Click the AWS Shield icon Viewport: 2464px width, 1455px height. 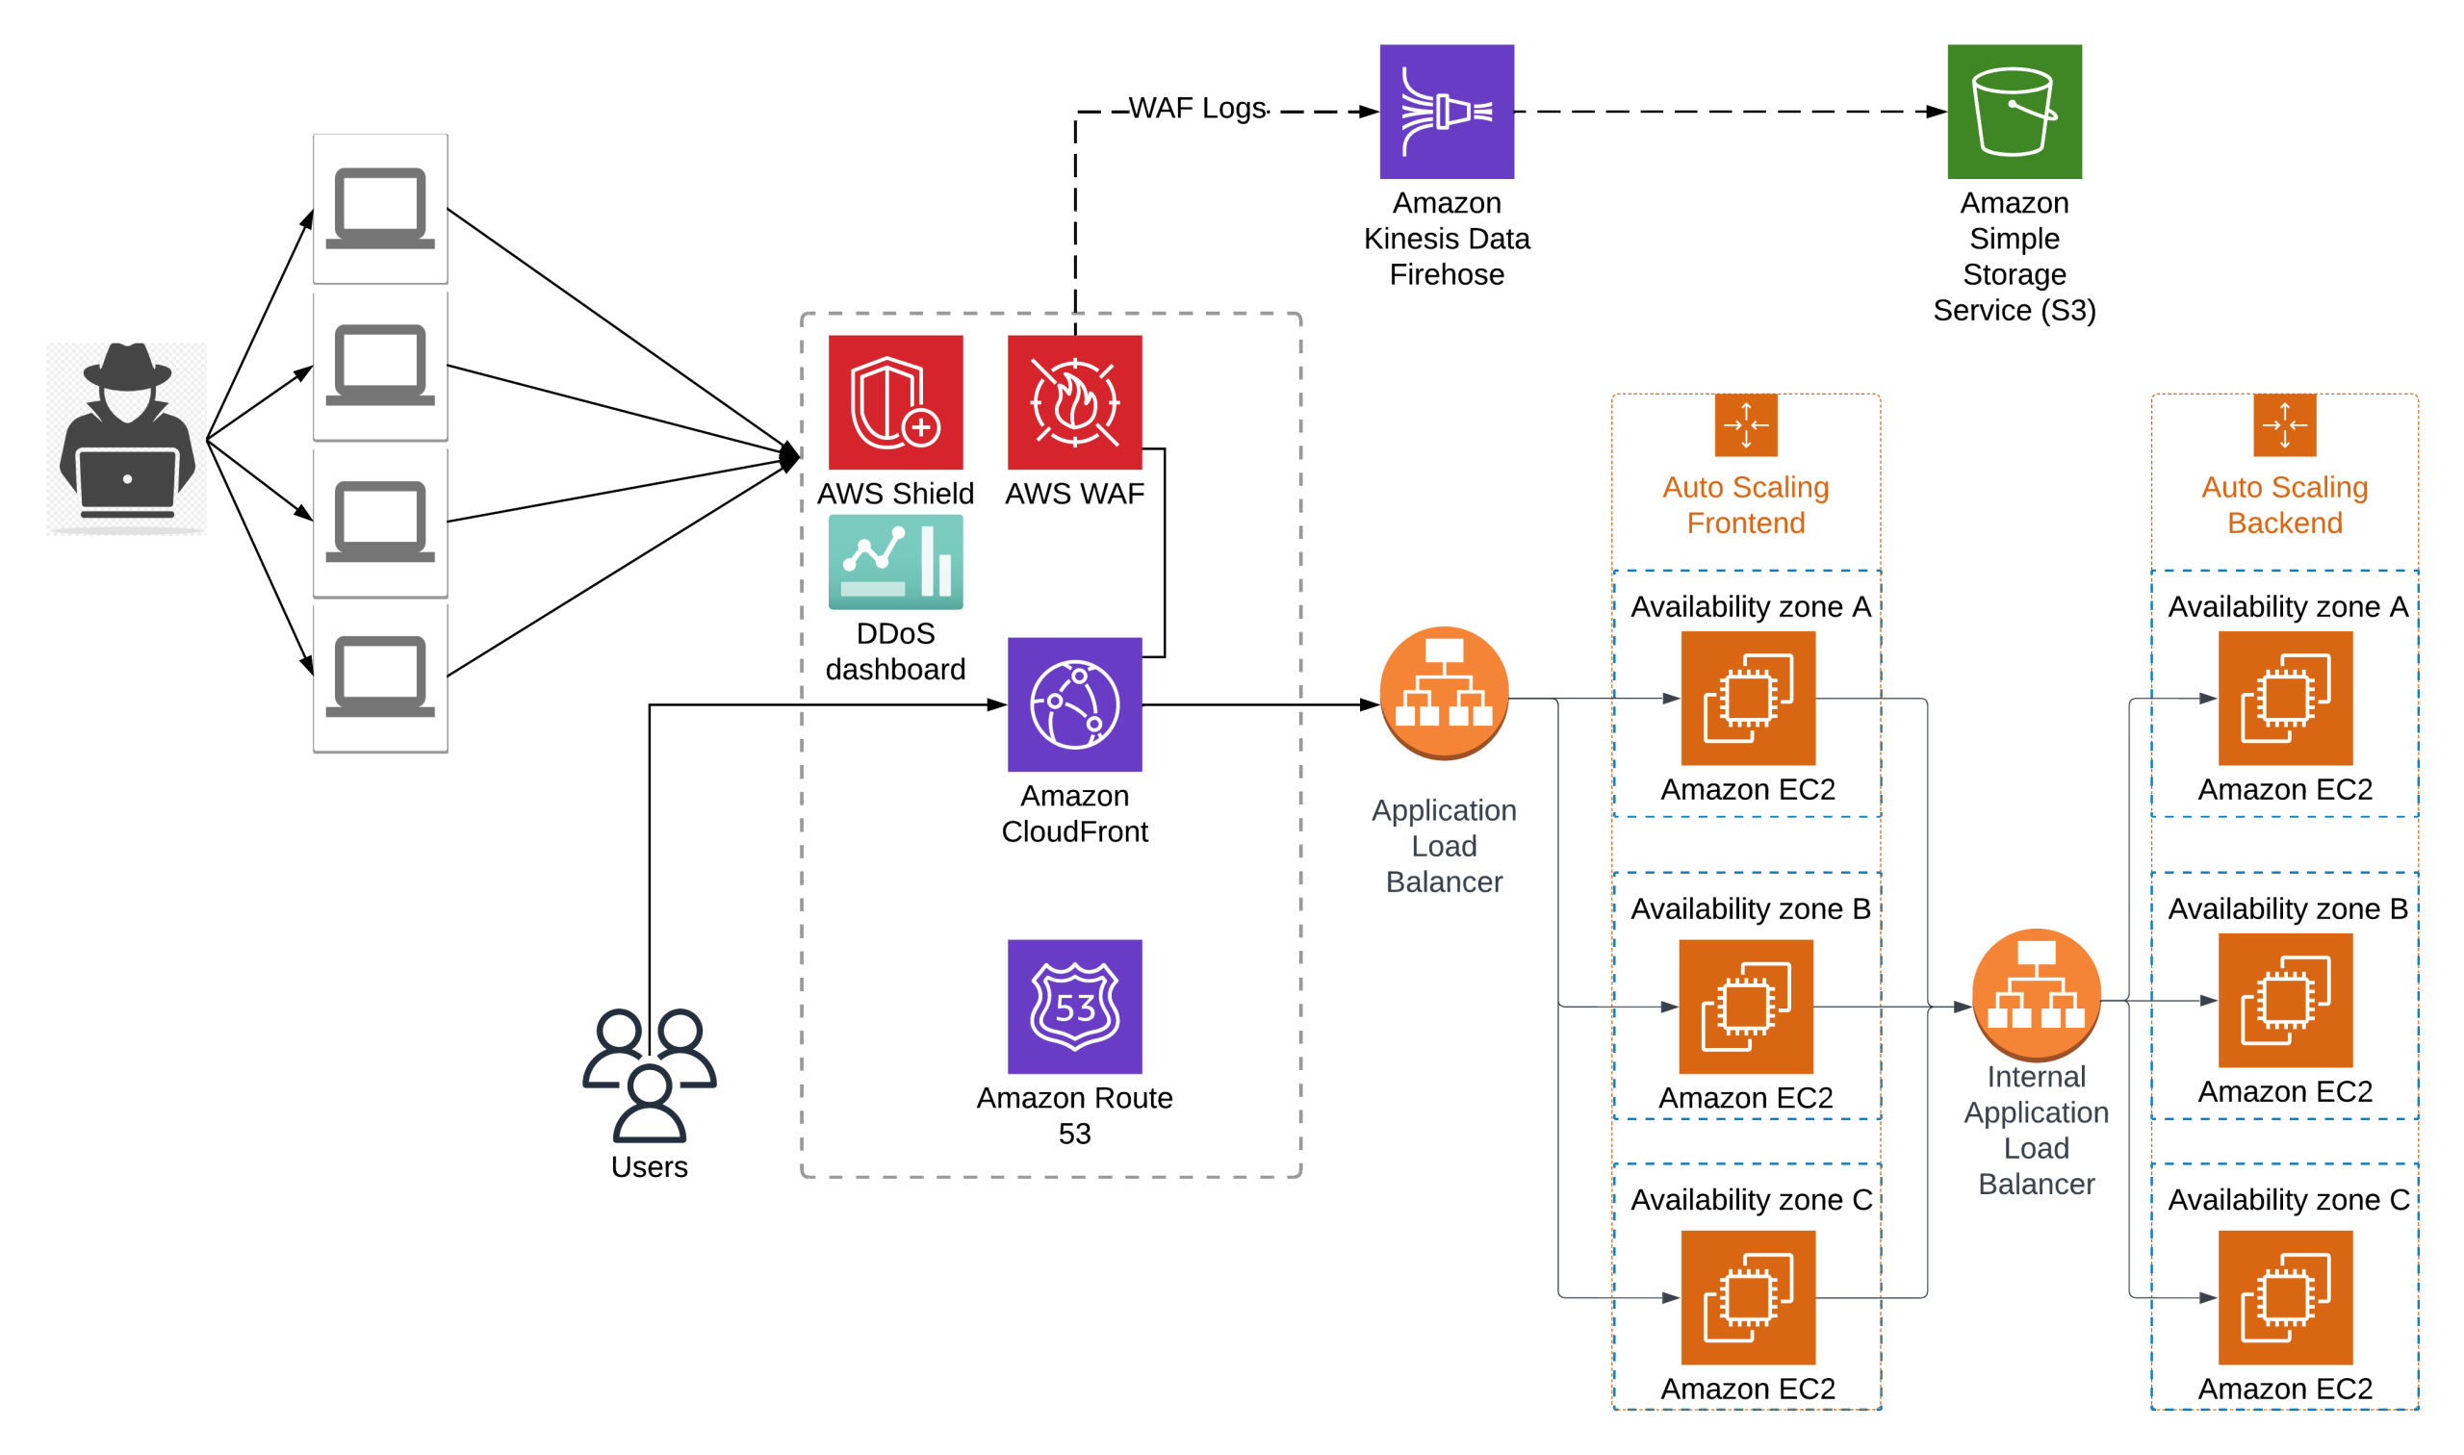point(895,402)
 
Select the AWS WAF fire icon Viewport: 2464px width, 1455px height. point(1074,402)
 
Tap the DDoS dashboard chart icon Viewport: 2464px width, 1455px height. point(895,562)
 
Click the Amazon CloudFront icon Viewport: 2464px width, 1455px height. point(1074,704)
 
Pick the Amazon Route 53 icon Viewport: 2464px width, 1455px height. point(1074,1006)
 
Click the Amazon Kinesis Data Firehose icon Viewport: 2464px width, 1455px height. point(1447,112)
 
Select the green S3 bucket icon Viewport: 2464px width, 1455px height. point(2014,112)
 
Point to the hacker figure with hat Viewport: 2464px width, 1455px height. point(127,438)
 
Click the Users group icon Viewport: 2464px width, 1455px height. point(649,1075)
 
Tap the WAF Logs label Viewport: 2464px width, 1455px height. point(1197,108)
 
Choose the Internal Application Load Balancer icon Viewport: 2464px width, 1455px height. point(2036,994)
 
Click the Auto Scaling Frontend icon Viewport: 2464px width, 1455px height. point(1745,425)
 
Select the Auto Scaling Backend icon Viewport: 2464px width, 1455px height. point(2285,425)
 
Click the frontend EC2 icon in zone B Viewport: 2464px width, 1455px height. point(1745,1006)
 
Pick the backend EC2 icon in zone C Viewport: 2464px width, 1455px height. point(2285,1297)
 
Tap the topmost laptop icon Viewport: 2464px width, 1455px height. point(380,209)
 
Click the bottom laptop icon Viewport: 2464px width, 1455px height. point(380,677)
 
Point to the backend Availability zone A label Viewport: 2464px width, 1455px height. point(2288,607)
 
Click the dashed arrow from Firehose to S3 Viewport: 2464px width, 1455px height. point(1726,112)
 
